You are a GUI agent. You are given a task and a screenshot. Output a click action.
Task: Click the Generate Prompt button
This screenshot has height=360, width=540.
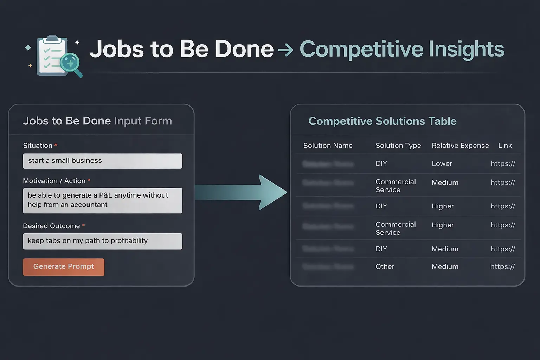point(64,267)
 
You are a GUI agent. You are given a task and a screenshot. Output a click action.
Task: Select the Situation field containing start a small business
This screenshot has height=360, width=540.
point(102,161)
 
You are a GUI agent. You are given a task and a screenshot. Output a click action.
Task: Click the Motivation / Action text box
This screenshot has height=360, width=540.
point(102,200)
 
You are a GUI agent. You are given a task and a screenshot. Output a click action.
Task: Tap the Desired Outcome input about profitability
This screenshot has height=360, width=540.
point(102,241)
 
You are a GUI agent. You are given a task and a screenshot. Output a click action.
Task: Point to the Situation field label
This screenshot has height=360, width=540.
point(38,146)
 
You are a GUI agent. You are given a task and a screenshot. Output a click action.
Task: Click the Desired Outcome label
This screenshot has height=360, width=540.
point(51,226)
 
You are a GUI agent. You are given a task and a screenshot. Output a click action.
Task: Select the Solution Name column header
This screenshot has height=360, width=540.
point(328,146)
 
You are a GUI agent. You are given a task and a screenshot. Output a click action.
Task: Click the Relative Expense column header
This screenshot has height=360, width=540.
point(460,146)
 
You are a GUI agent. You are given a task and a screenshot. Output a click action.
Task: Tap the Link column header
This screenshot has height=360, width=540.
point(505,146)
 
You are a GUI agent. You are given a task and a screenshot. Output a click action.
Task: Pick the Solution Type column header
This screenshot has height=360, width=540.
point(398,146)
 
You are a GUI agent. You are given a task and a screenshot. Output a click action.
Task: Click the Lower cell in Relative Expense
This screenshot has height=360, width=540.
point(442,163)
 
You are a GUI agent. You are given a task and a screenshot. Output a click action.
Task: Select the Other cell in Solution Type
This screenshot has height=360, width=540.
point(385,266)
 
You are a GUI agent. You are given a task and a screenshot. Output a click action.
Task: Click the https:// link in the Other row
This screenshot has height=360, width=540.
point(502,266)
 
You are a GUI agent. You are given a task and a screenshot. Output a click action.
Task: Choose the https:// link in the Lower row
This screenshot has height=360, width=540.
point(503,163)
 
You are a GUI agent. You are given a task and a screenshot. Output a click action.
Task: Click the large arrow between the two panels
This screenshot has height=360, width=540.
point(243,192)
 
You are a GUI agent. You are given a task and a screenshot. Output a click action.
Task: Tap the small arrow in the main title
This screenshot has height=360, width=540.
point(285,50)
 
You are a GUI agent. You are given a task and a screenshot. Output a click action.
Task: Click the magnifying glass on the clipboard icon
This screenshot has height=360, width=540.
point(70,63)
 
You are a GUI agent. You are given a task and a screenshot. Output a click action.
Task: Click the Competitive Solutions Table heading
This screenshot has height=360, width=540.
point(382,121)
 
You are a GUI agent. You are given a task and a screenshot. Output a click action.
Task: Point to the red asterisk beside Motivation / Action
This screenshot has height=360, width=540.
point(89,180)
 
